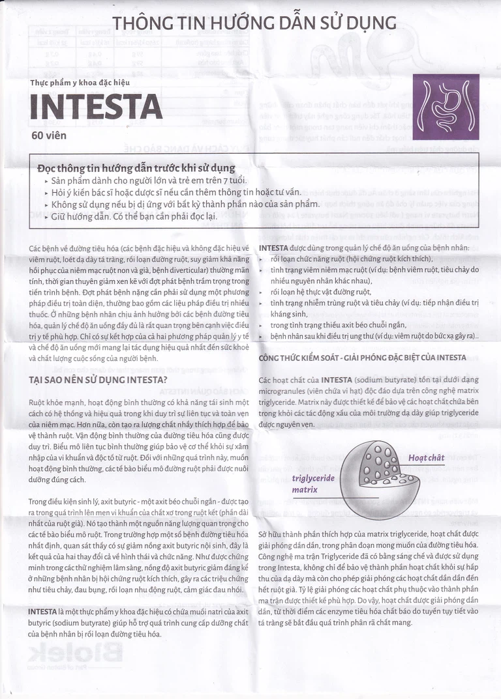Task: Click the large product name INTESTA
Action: pos(96,107)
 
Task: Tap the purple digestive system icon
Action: pos(446,107)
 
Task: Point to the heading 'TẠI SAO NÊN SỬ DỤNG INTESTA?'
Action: pos(98,380)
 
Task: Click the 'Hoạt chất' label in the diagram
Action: pos(426,458)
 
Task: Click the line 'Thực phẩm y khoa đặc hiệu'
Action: pos(80,83)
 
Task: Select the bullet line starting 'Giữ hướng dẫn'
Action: pos(134,216)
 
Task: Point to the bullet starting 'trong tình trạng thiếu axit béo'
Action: pos(347,324)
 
